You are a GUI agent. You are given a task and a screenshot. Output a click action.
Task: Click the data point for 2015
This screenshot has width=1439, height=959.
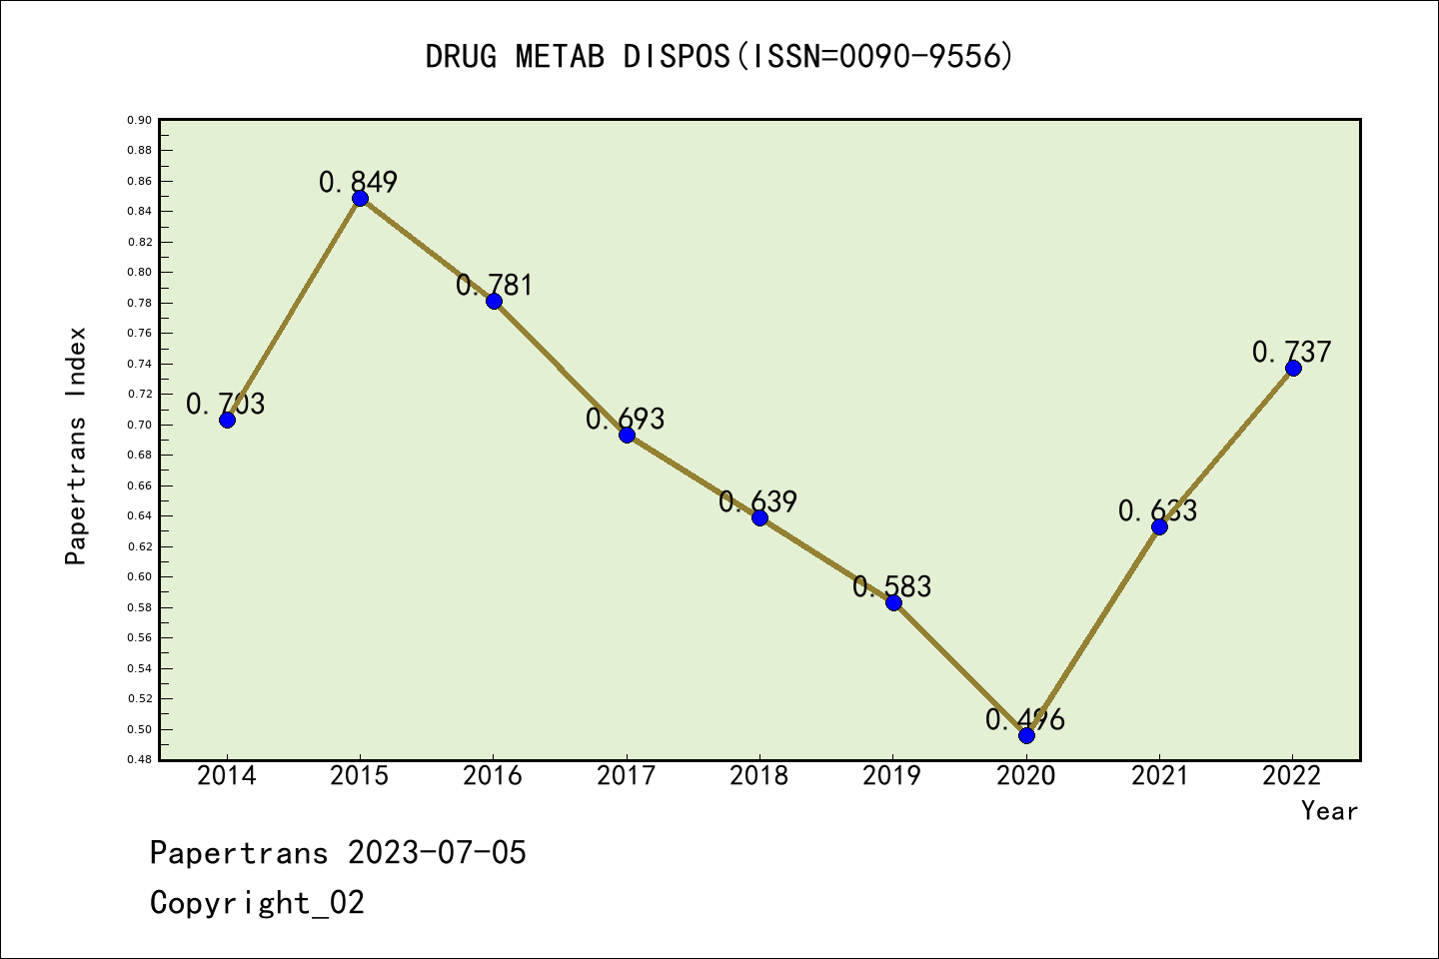click(x=360, y=198)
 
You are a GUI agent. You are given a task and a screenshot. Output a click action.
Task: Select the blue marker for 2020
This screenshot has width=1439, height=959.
click(x=1026, y=735)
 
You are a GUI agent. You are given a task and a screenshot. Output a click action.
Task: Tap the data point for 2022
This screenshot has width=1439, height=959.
click(x=1293, y=368)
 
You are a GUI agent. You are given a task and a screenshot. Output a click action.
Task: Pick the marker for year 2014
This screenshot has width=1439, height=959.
click(x=227, y=420)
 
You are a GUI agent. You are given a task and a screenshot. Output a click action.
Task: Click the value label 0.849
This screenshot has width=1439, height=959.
click(x=359, y=182)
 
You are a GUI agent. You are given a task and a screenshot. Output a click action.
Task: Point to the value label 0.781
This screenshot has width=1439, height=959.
click(x=495, y=285)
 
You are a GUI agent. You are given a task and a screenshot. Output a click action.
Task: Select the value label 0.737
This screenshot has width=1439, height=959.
click(x=1292, y=352)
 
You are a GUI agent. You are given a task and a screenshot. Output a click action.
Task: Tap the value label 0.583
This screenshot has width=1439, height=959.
click(x=892, y=586)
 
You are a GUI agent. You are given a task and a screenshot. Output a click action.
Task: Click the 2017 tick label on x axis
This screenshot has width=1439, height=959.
click(x=627, y=775)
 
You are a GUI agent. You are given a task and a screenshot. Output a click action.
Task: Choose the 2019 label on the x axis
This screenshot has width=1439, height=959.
click(x=892, y=775)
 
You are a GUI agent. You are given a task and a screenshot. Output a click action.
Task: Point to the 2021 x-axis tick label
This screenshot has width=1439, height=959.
click(x=1159, y=775)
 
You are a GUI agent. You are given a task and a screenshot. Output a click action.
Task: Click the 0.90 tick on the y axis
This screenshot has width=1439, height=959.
click(x=139, y=120)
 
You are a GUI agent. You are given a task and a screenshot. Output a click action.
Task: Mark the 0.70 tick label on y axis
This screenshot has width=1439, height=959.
click(x=139, y=425)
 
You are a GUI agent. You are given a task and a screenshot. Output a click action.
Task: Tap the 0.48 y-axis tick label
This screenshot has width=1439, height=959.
click(x=139, y=760)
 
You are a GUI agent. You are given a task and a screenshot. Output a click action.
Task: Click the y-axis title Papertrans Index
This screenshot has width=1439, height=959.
click(x=76, y=446)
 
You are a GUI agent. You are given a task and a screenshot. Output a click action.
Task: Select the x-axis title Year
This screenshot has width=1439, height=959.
click(x=1329, y=810)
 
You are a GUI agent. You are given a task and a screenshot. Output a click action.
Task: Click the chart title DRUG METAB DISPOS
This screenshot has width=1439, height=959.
click(x=719, y=57)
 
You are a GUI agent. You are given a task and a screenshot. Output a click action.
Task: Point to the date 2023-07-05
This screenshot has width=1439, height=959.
click(x=437, y=852)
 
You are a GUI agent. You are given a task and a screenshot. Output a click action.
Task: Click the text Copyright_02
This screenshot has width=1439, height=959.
click(x=258, y=902)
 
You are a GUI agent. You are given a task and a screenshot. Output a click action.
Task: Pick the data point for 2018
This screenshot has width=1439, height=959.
click(x=759, y=517)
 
